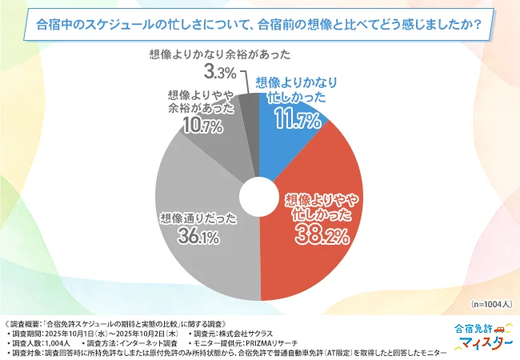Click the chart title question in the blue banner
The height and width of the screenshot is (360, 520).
click(x=259, y=24)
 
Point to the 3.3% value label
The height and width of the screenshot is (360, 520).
click(x=218, y=73)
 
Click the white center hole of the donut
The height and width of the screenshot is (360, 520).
click(x=260, y=195)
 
